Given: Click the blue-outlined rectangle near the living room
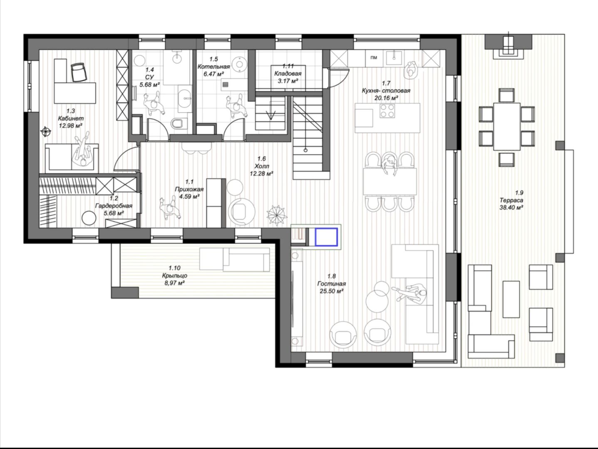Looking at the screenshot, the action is [326, 237].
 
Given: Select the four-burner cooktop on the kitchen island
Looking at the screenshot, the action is [387, 111].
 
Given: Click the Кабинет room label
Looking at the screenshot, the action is [71, 118].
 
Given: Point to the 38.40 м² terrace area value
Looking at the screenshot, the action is [511, 207].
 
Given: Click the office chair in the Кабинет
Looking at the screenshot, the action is [79, 72].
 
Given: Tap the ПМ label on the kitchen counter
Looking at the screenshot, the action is [374, 57].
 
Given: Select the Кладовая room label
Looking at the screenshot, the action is [288, 74].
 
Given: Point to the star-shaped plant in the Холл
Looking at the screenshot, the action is [277, 215].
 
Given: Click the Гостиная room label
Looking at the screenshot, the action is [331, 284].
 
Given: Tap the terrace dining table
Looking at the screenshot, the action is [507, 126].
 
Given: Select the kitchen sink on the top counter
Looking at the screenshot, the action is [394, 58].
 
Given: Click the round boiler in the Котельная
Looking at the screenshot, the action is [239, 64].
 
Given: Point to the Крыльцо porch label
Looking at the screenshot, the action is [174, 275].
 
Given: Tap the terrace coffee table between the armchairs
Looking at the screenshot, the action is [511, 299].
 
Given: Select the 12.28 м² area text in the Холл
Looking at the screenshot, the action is [261, 174].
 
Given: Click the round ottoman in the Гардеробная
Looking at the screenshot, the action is [89, 218].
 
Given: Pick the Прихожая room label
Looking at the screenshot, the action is [189, 189].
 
